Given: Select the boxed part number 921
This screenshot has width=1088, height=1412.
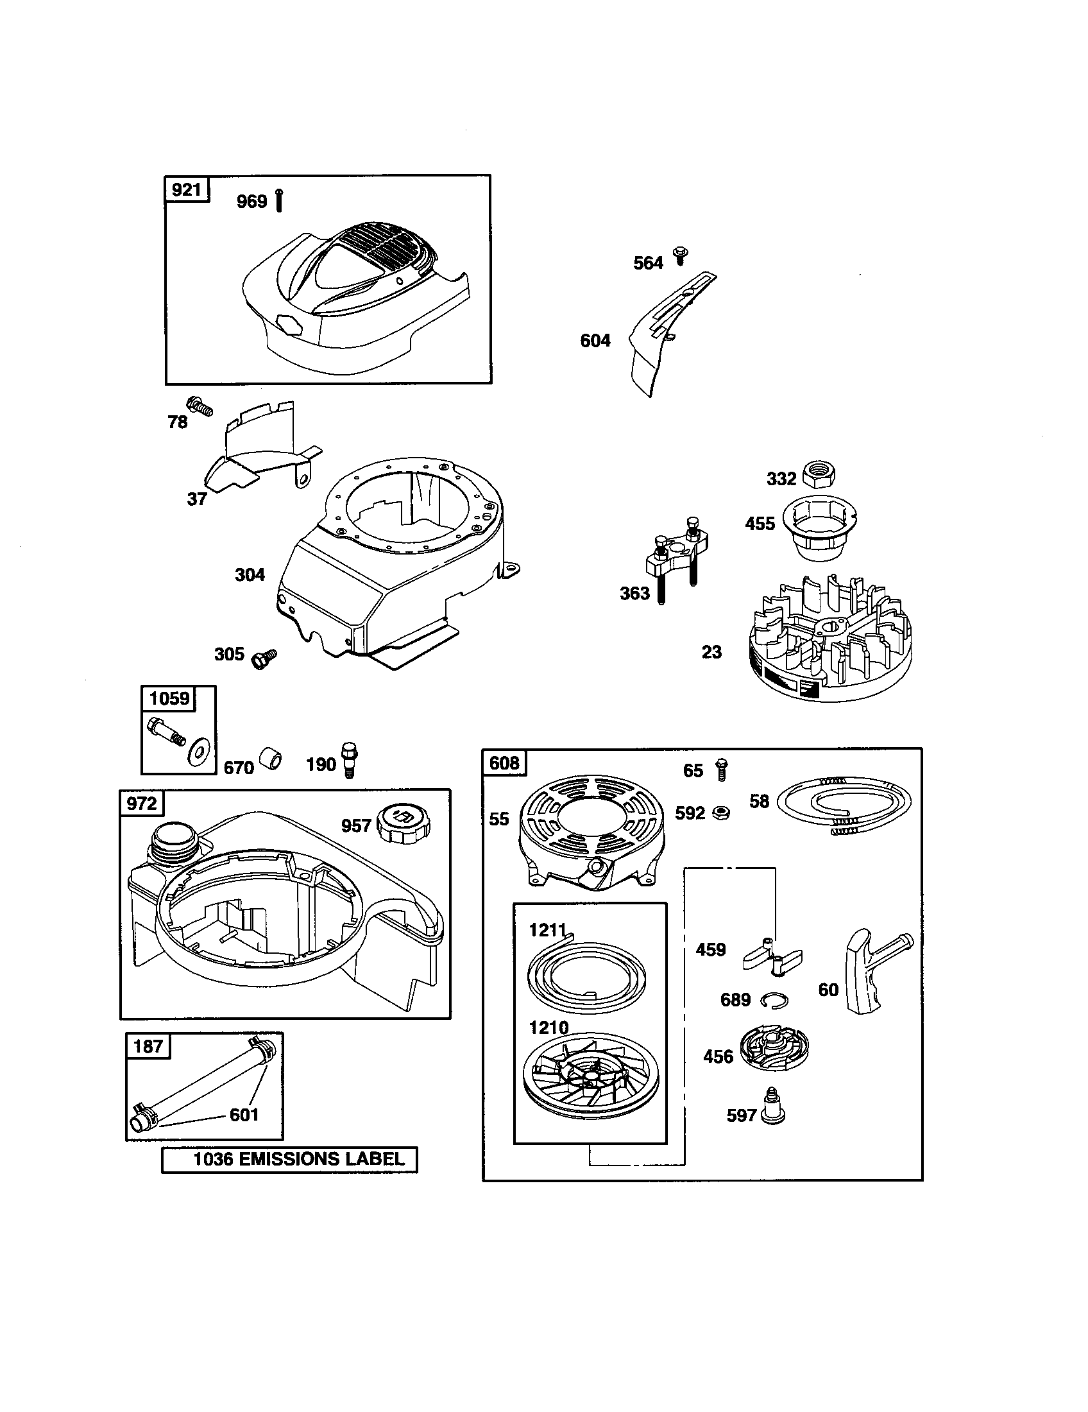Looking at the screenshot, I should tap(187, 189).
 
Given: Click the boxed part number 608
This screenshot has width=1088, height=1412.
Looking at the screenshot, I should tap(504, 763).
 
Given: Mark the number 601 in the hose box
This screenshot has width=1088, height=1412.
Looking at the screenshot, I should tap(244, 1115).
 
